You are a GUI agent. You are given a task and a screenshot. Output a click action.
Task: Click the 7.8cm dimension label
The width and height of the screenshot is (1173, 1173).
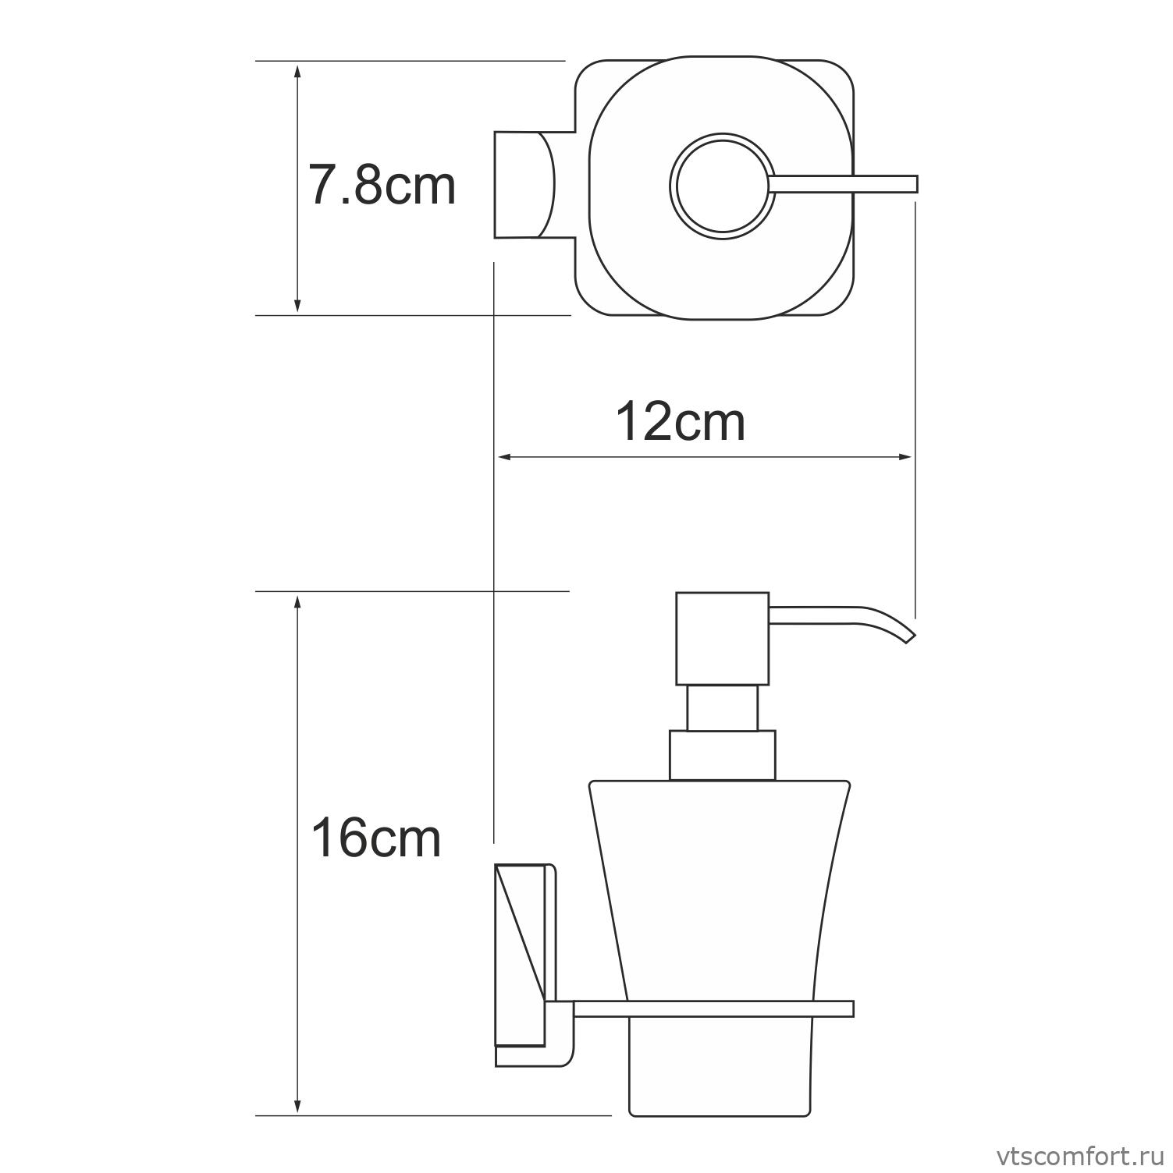[x=382, y=186]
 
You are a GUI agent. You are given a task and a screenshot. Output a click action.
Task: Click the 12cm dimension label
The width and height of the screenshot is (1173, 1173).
[x=681, y=422]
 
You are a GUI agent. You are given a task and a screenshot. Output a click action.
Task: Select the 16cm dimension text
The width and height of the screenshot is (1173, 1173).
[x=375, y=838]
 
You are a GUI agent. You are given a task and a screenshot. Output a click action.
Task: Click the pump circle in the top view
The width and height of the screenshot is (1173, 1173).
[x=722, y=186]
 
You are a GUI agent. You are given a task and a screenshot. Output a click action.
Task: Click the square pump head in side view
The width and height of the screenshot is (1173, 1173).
[x=722, y=638]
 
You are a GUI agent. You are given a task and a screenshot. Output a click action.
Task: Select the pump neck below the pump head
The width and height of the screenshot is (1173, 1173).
[x=722, y=708]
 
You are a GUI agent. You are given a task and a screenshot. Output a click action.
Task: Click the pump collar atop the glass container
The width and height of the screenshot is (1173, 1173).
[x=722, y=755]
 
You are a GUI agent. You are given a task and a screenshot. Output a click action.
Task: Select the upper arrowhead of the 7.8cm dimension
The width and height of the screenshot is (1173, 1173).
[x=297, y=70]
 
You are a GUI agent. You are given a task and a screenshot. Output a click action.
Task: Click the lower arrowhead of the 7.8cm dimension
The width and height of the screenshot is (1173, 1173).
[x=297, y=305]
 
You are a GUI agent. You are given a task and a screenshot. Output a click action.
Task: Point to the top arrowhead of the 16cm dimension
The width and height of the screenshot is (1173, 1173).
[x=297, y=602]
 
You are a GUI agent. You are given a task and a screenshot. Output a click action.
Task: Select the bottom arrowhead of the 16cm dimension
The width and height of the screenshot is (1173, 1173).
[x=297, y=1105]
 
